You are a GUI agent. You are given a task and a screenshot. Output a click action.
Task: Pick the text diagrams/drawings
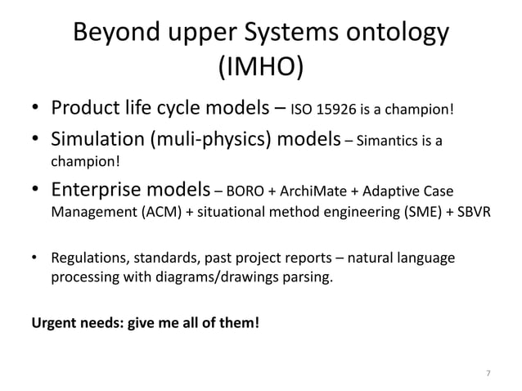coord(210,278)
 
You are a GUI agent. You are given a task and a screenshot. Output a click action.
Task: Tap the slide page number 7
coord(488,374)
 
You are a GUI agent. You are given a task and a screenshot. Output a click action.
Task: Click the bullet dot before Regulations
coord(35,260)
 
